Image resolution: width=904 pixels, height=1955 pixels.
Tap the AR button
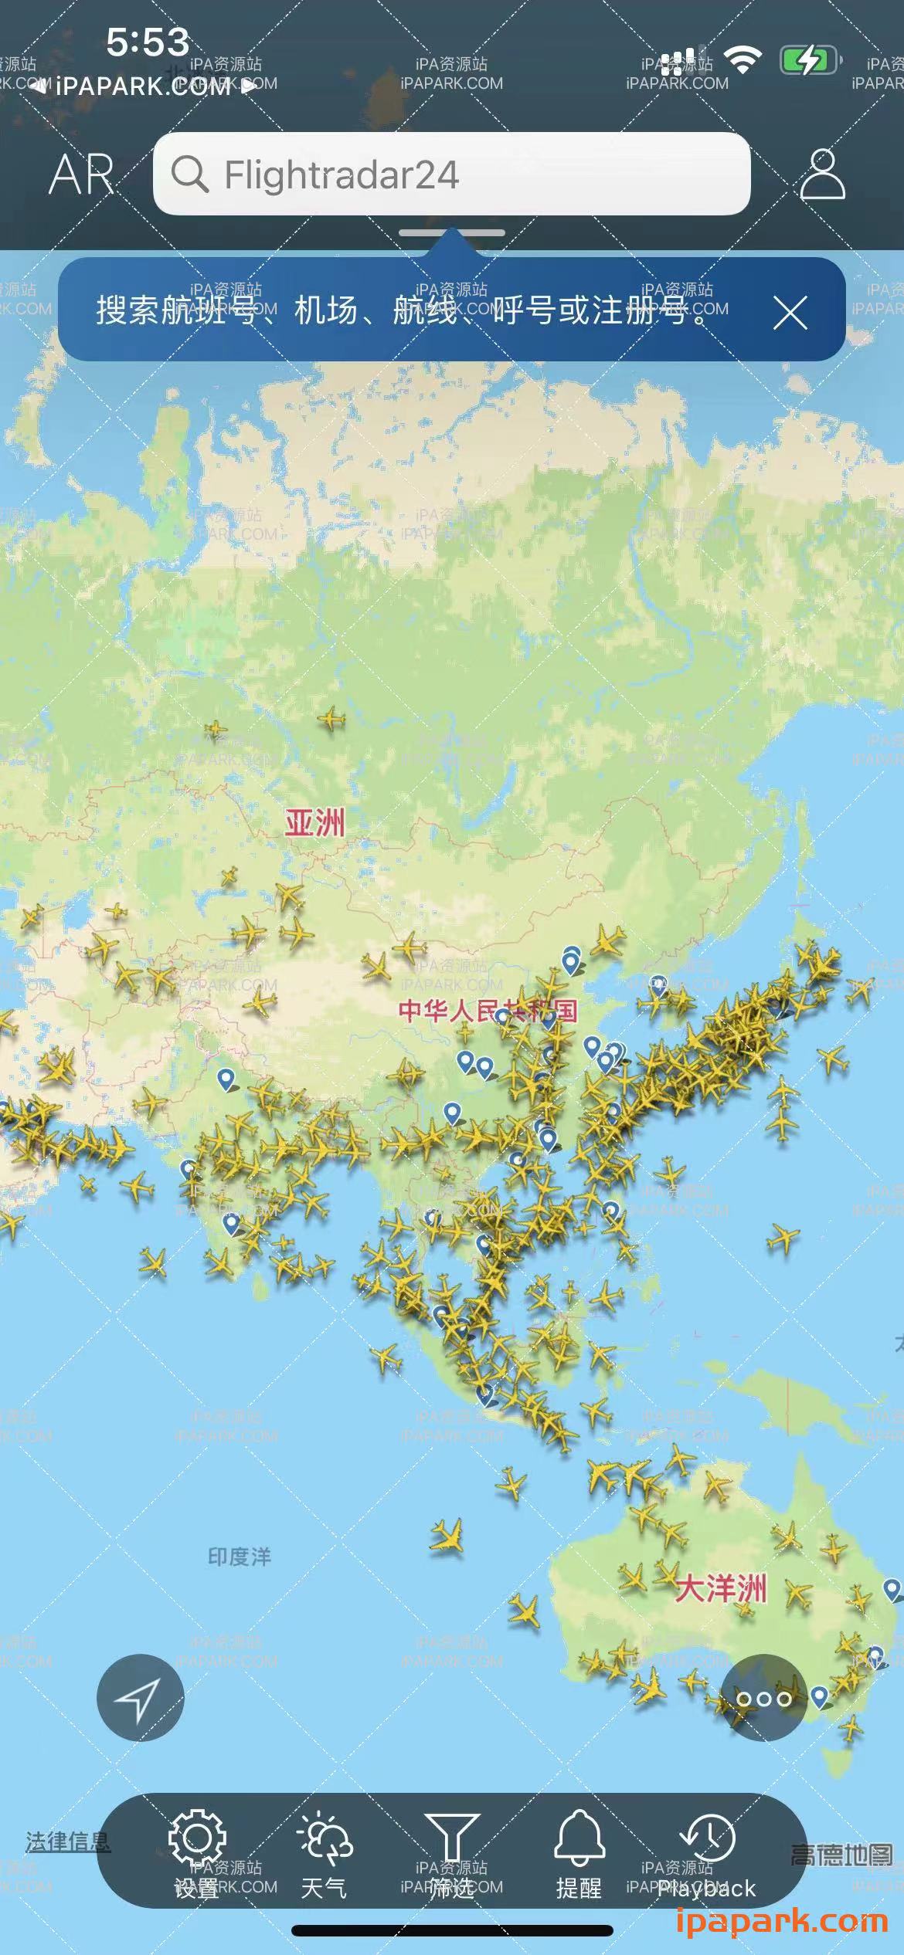click(x=81, y=174)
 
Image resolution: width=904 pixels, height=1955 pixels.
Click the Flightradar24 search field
click(x=464, y=174)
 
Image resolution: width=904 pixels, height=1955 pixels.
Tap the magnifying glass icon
click(x=189, y=174)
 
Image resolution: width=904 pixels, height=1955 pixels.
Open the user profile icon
click(x=822, y=174)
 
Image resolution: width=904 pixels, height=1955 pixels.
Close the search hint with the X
click(x=790, y=313)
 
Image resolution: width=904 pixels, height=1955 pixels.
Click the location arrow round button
click(x=140, y=1697)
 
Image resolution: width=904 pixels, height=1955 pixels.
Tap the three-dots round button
click(x=763, y=1697)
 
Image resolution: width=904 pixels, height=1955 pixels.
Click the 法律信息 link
click(x=68, y=1841)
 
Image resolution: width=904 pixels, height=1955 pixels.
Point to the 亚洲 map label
click(x=314, y=823)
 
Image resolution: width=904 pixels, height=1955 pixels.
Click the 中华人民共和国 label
click(x=488, y=1010)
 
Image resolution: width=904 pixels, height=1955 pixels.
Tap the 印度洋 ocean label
click(x=240, y=1557)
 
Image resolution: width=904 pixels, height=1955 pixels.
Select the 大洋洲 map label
click(x=720, y=1589)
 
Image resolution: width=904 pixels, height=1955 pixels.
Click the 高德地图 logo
click(x=841, y=1855)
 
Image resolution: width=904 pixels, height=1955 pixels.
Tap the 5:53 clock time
click(x=148, y=42)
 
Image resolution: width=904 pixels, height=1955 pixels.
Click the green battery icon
click(x=808, y=59)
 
